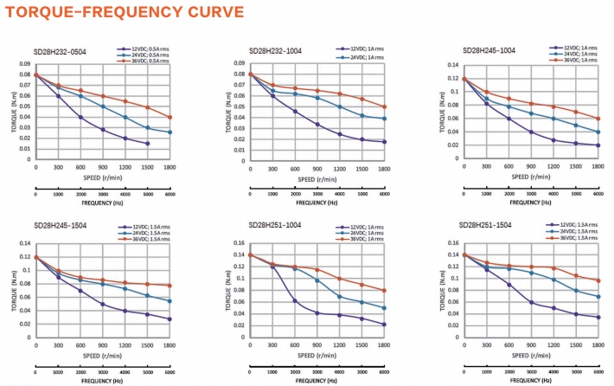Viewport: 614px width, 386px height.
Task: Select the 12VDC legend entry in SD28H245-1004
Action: pos(575,48)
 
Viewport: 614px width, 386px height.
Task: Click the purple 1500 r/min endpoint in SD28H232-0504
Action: pos(148,144)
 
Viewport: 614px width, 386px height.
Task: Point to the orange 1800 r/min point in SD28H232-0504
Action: pos(170,117)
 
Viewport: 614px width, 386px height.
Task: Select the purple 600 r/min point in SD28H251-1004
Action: pos(295,301)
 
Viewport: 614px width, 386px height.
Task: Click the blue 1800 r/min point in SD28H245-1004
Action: pos(598,132)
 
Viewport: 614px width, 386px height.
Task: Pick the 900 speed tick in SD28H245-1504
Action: pos(103,344)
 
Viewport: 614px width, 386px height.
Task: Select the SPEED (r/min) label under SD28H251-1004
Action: pos(317,356)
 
